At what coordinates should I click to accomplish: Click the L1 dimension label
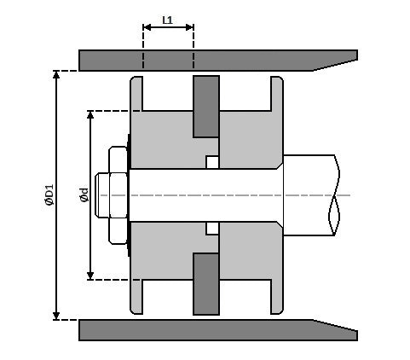click(x=168, y=18)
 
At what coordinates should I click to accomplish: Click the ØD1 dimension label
click(x=49, y=195)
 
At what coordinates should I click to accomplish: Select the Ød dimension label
click(x=84, y=195)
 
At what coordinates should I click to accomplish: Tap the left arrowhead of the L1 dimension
click(x=146, y=27)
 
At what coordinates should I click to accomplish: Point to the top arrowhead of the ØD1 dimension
click(x=57, y=75)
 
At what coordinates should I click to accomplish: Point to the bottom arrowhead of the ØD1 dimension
click(x=57, y=315)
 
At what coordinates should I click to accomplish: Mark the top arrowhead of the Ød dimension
click(x=90, y=115)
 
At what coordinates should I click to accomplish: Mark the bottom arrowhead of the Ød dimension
click(x=90, y=275)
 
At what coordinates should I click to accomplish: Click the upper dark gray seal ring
click(x=206, y=107)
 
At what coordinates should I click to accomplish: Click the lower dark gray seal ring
click(x=206, y=283)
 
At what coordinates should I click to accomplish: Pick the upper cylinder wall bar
click(x=196, y=61)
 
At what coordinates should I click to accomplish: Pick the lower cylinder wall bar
click(x=196, y=329)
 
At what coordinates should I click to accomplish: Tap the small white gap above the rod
click(x=212, y=162)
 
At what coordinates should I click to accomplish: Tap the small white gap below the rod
click(x=212, y=228)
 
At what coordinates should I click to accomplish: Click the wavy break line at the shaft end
click(x=335, y=195)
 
